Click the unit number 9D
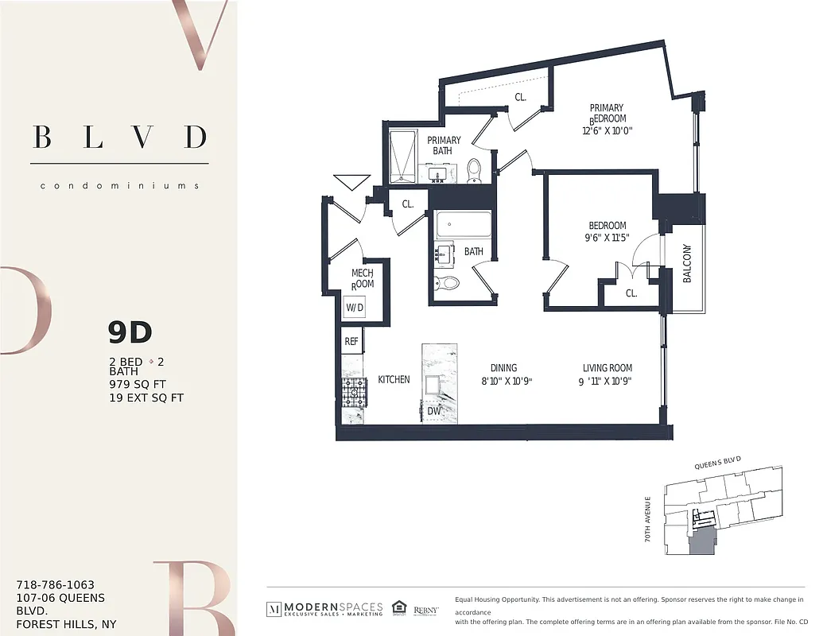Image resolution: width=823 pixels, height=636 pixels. (130, 333)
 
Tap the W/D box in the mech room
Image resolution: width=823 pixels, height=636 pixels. (355, 308)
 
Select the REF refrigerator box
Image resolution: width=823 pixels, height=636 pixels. (351, 342)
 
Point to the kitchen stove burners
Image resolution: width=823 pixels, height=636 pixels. (351, 390)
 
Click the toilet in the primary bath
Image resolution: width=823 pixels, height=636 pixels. (475, 170)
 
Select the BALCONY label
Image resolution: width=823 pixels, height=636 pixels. (687, 263)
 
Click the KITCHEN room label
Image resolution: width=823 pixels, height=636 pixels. (394, 380)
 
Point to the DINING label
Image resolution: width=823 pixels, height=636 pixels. (503, 368)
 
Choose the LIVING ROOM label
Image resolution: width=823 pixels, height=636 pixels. (608, 368)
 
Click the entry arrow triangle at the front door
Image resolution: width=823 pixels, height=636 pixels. (350, 182)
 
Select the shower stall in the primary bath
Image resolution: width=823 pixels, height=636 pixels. (408, 157)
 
